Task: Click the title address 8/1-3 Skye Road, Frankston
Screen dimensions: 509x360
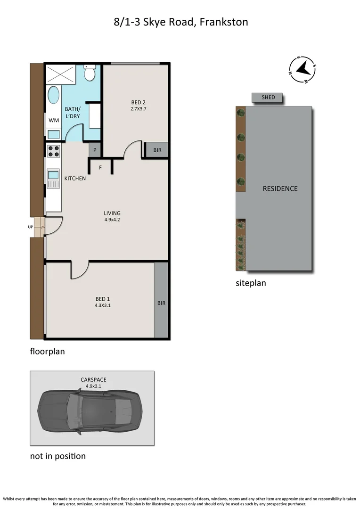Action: pos(180,22)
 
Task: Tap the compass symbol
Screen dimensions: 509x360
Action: pos(303,70)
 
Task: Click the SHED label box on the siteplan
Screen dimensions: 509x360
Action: pos(268,98)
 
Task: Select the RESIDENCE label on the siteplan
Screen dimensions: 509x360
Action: pos(280,189)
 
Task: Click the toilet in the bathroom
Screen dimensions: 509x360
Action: pos(90,73)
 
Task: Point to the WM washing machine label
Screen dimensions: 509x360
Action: pos(54,120)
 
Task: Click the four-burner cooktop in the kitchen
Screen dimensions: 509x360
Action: pos(54,151)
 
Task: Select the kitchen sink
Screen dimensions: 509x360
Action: pos(53,177)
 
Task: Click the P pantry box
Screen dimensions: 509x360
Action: pos(95,150)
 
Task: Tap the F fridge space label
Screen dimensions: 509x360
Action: pos(100,167)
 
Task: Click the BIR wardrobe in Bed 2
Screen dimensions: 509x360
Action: pos(156,150)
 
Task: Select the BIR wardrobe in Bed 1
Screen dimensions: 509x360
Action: pos(161,303)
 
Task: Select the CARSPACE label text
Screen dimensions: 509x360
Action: pos(93,379)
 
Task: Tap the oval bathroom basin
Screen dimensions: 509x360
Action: pos(54,96)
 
